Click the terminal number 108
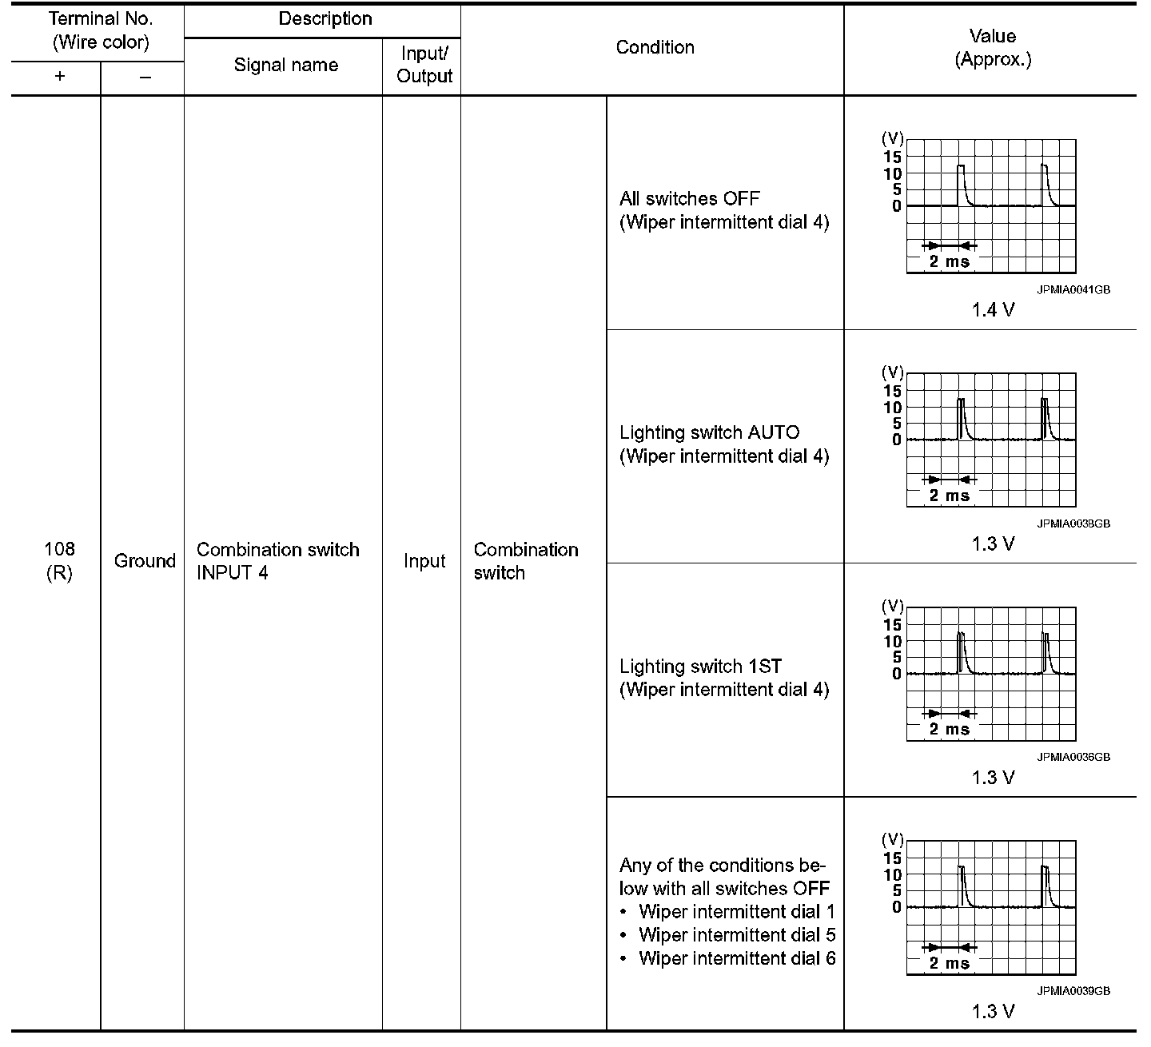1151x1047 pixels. coord(59,549)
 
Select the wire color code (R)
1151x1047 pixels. coord(59,573)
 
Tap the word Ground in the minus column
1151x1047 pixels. coord(145,561)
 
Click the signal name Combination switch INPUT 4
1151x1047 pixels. coord(277,561)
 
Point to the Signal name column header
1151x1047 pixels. coord(285,66)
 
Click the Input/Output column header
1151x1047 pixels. coord(424,66)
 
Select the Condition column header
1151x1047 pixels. coord(655,48)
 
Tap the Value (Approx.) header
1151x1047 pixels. coord(992,48)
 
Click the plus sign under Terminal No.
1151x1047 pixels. coord(60,77)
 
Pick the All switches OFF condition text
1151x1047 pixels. coord(689,199)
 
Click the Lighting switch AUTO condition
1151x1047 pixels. coord(709,433)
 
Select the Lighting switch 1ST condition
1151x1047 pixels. coord(700,667)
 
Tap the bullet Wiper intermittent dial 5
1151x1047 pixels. coord(737,935)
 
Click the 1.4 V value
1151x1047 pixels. coord(993,310)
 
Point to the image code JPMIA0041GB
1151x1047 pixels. coord(1073,290)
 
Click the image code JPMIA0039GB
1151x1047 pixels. coord(1073,991)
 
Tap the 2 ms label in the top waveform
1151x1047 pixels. coord(949,261)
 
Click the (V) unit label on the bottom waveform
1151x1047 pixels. coord(892,840)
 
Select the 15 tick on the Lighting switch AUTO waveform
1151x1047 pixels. coord(892,391)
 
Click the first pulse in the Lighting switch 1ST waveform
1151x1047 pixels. coord(962,651)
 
